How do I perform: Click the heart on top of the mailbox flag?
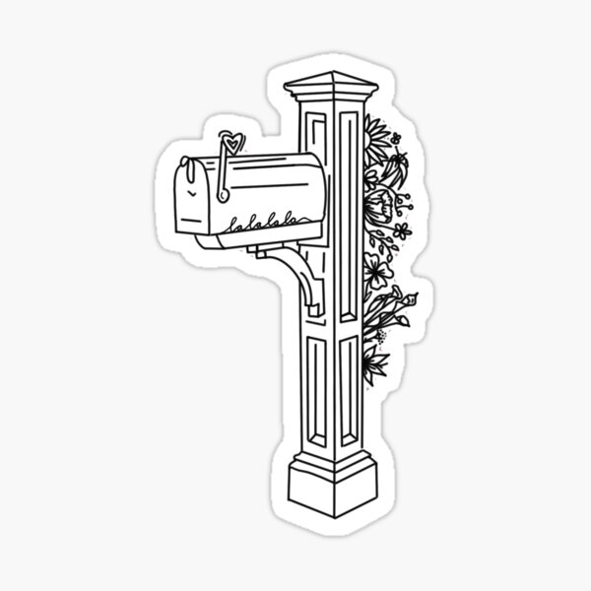pos(229,141)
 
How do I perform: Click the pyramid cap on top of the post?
pos(328,82)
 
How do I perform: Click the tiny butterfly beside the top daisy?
pos(396,137)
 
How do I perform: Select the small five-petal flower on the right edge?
pos(401,230)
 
